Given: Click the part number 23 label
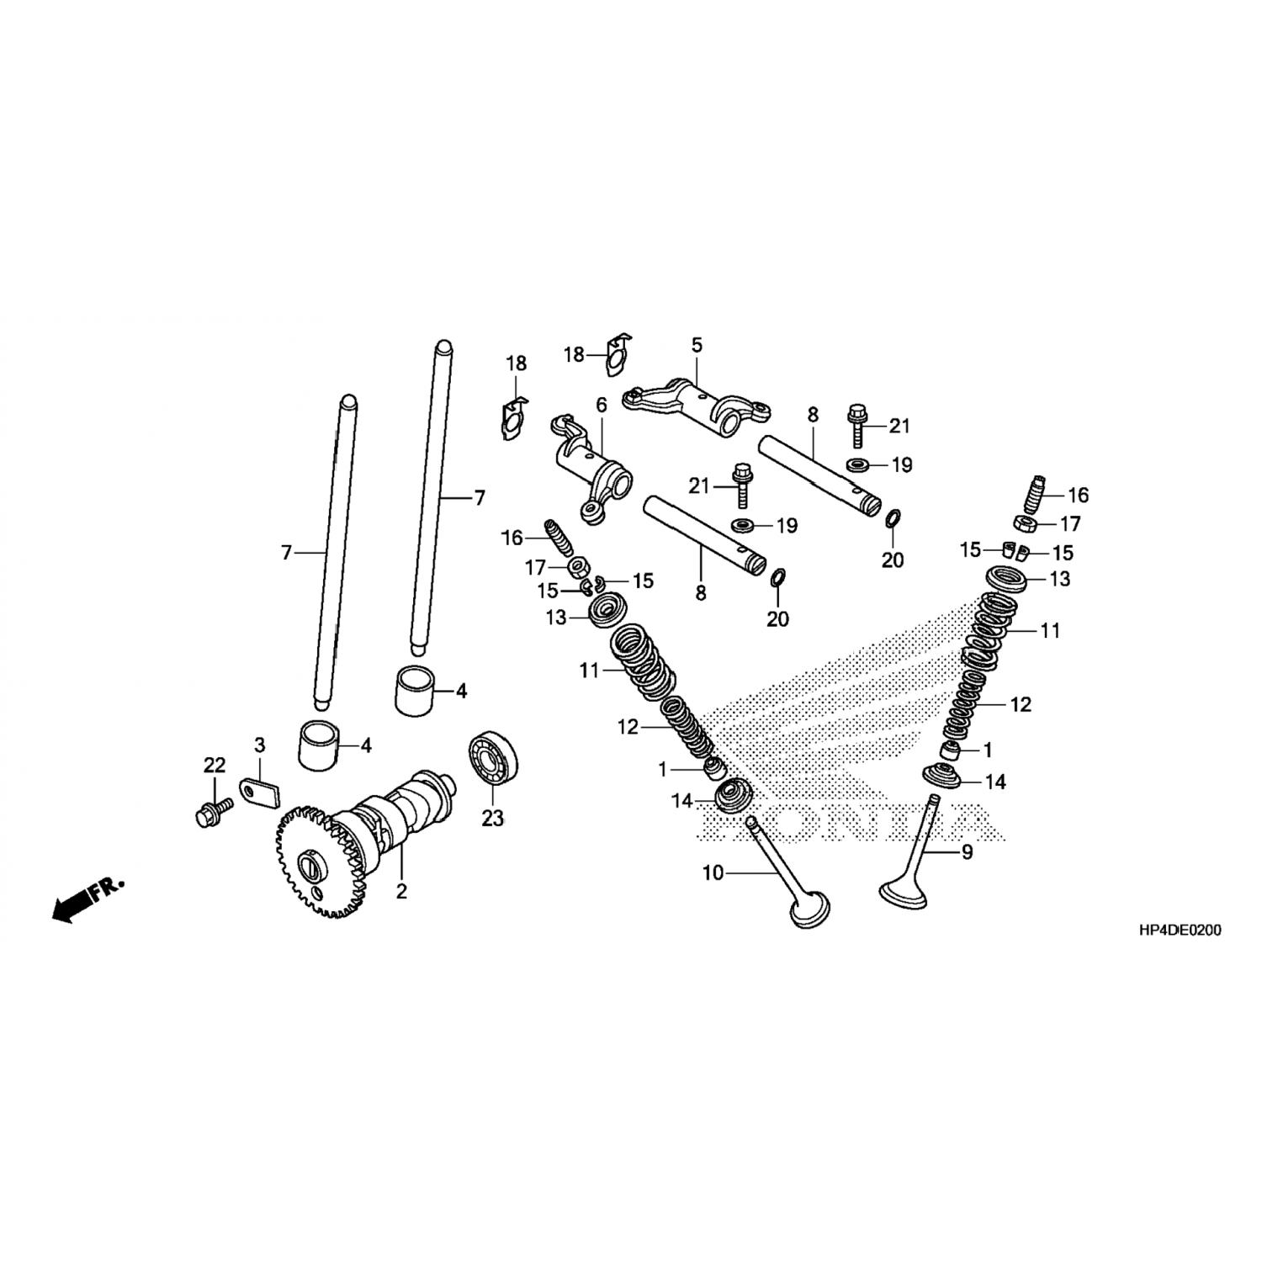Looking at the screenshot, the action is pos(492,817).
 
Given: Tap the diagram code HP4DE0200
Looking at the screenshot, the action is pos(1180,931).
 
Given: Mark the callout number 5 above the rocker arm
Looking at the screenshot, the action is pos(697,345).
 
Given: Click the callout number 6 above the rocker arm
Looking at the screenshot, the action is pos(601,405).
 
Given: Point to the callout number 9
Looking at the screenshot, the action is pos(968,852).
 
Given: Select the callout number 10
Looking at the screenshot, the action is pos(713,874).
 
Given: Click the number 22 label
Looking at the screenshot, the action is pos(215,765).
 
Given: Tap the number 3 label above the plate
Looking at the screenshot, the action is pos(260,745).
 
